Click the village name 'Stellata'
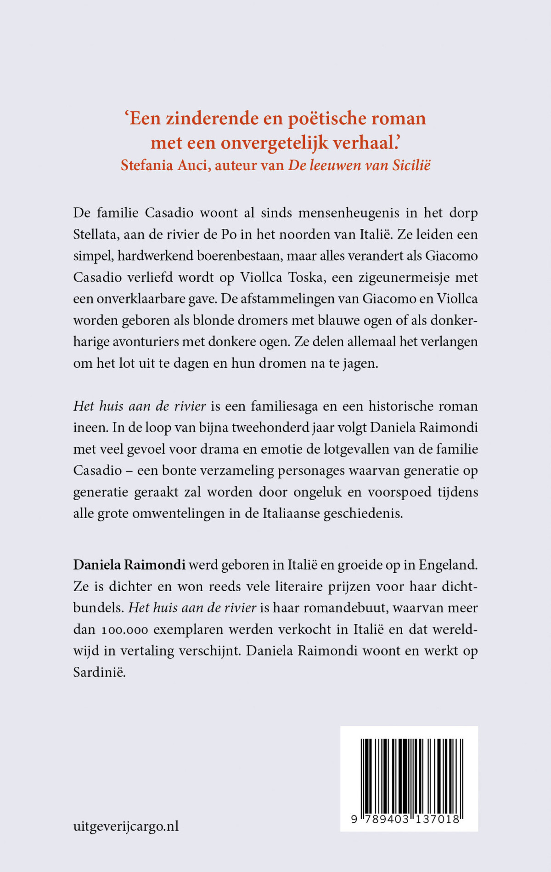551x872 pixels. (x=95, y=234)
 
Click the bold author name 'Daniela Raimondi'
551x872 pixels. (x=129, y=564)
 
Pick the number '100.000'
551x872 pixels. (x=124, y=630)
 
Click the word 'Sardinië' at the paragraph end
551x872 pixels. (x=99, y=673)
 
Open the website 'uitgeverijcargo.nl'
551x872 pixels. (x=126, y=826)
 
